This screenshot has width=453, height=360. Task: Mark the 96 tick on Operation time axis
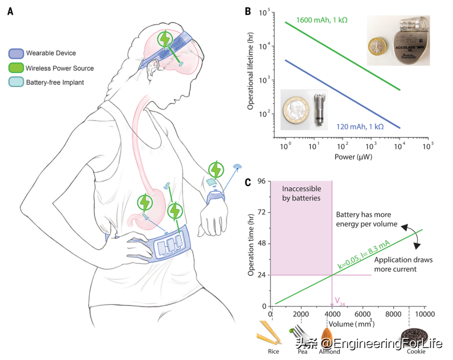pos(260,181)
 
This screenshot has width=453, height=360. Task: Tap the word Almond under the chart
pos(330,352)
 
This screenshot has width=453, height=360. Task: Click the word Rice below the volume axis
pos(273,351)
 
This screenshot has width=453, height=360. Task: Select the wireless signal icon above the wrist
pos(237,167)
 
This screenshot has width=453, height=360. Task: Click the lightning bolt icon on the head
pos(165,39)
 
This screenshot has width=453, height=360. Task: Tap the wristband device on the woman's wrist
pos(215,197)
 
